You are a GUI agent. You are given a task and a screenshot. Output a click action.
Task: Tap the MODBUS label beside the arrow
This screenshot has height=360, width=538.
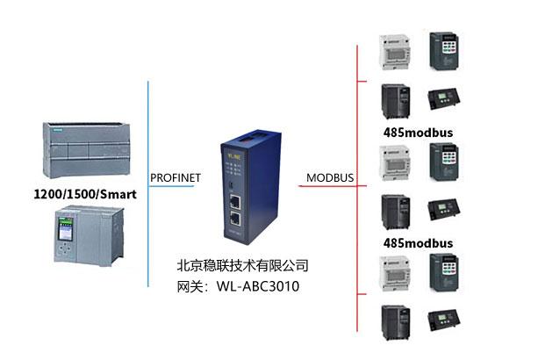point(330,178)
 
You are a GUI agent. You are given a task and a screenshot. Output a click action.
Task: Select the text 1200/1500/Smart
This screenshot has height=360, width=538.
point(83,193)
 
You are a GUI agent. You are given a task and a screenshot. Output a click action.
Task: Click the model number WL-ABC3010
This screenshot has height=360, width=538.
point(254,285)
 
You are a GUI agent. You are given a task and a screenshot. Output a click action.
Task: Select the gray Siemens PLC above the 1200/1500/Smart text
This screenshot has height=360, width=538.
point(84,149)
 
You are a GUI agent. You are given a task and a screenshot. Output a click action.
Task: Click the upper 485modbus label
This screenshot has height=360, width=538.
point(418,132)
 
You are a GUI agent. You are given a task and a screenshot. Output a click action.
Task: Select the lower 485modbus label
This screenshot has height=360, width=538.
point(418,242)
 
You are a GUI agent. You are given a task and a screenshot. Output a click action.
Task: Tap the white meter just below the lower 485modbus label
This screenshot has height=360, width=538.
point(391,273)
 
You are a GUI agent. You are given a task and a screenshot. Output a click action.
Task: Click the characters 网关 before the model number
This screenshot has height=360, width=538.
point(190,285)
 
